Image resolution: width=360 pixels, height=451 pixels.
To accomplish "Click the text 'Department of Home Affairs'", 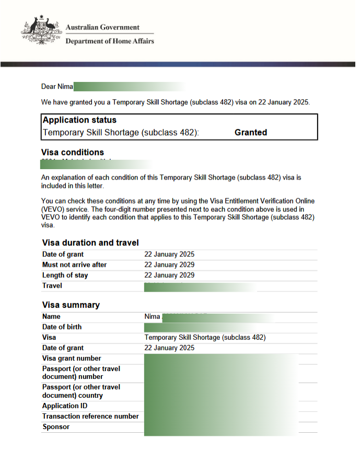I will coord(109,41).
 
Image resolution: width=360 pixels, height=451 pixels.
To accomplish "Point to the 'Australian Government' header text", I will coord(102,27).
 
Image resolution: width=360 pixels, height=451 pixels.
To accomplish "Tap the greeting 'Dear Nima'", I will coord(57,87).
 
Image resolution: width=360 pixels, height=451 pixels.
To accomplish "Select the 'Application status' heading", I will coord(79,120).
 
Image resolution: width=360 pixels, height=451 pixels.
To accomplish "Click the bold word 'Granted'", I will coord(251,133).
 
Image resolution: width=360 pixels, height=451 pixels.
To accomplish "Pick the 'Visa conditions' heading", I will coord(72,152).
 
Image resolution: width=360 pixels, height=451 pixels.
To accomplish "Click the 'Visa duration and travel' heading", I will coord(90,243).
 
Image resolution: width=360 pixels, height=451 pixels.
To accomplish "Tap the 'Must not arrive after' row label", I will coord(74,265).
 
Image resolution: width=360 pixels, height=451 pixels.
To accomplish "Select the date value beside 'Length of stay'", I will coord(169,275).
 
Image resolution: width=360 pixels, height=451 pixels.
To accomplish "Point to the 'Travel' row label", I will coord(52,286).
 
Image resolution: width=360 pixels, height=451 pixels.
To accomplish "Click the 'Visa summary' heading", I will coord(71,305).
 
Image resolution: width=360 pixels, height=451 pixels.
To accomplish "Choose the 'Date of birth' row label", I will coord(62,327).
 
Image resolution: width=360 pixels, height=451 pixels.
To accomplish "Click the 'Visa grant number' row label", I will coord(72,358).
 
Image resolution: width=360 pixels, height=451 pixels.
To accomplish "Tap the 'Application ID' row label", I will coord(65,406).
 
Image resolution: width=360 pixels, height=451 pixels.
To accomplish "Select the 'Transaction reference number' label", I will coord(90,416).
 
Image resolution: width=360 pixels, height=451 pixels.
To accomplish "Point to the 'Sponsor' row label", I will coord(55,426).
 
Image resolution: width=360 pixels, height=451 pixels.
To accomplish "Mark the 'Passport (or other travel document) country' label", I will coord(81,391).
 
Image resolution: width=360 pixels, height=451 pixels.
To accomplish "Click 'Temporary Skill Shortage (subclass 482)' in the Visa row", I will coord(205,337).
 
